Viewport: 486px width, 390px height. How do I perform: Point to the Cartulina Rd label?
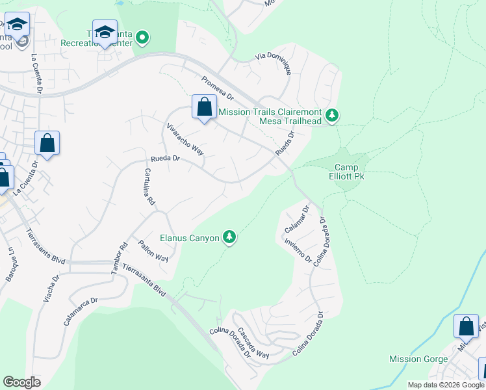[x=149, y=187]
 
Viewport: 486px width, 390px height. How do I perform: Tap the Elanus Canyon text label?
[x=190, y=238]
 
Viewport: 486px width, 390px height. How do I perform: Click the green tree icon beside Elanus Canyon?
[x=229, y=238]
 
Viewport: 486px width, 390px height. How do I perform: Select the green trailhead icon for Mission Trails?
[x=332, y=116]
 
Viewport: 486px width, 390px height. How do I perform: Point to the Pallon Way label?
[x=153, y=250]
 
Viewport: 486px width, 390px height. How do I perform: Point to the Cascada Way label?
[x=253, y=342]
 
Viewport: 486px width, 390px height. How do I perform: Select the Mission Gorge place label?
[x=418, y=359]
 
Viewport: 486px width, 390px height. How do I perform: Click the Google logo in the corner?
[x=21, y=382]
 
